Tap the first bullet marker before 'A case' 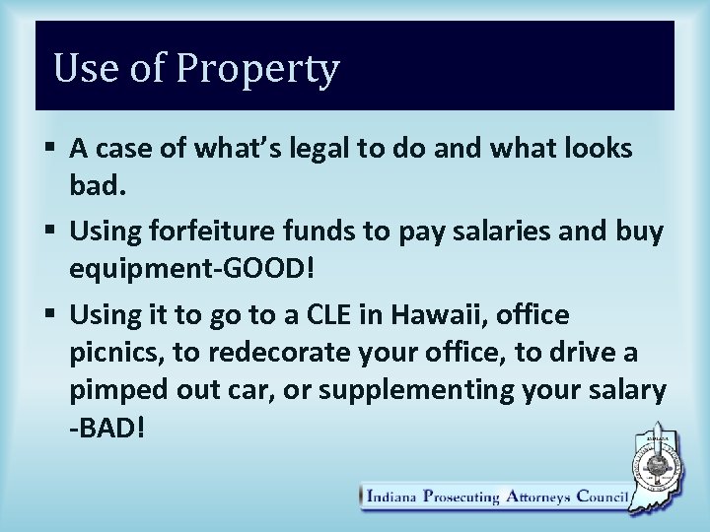[x=50, y=150]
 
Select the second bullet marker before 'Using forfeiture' [x=50, y=231]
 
